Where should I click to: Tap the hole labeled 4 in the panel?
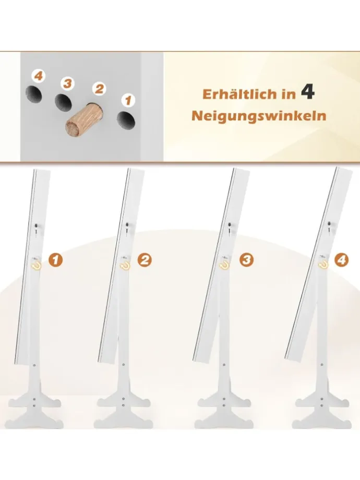tap(33, 94)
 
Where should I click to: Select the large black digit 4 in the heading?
tap(308, 93)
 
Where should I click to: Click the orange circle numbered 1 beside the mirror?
tap(56, 259)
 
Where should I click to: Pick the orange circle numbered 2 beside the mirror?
tap(145, 259)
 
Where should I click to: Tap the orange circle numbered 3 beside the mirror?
tap(246, 259)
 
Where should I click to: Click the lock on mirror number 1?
tap(35, 226)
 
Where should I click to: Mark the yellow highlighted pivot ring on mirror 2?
tap(125, 265)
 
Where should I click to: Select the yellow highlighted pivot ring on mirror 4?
tap(323, 265)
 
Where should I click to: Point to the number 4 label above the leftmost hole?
tap(38, 77)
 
